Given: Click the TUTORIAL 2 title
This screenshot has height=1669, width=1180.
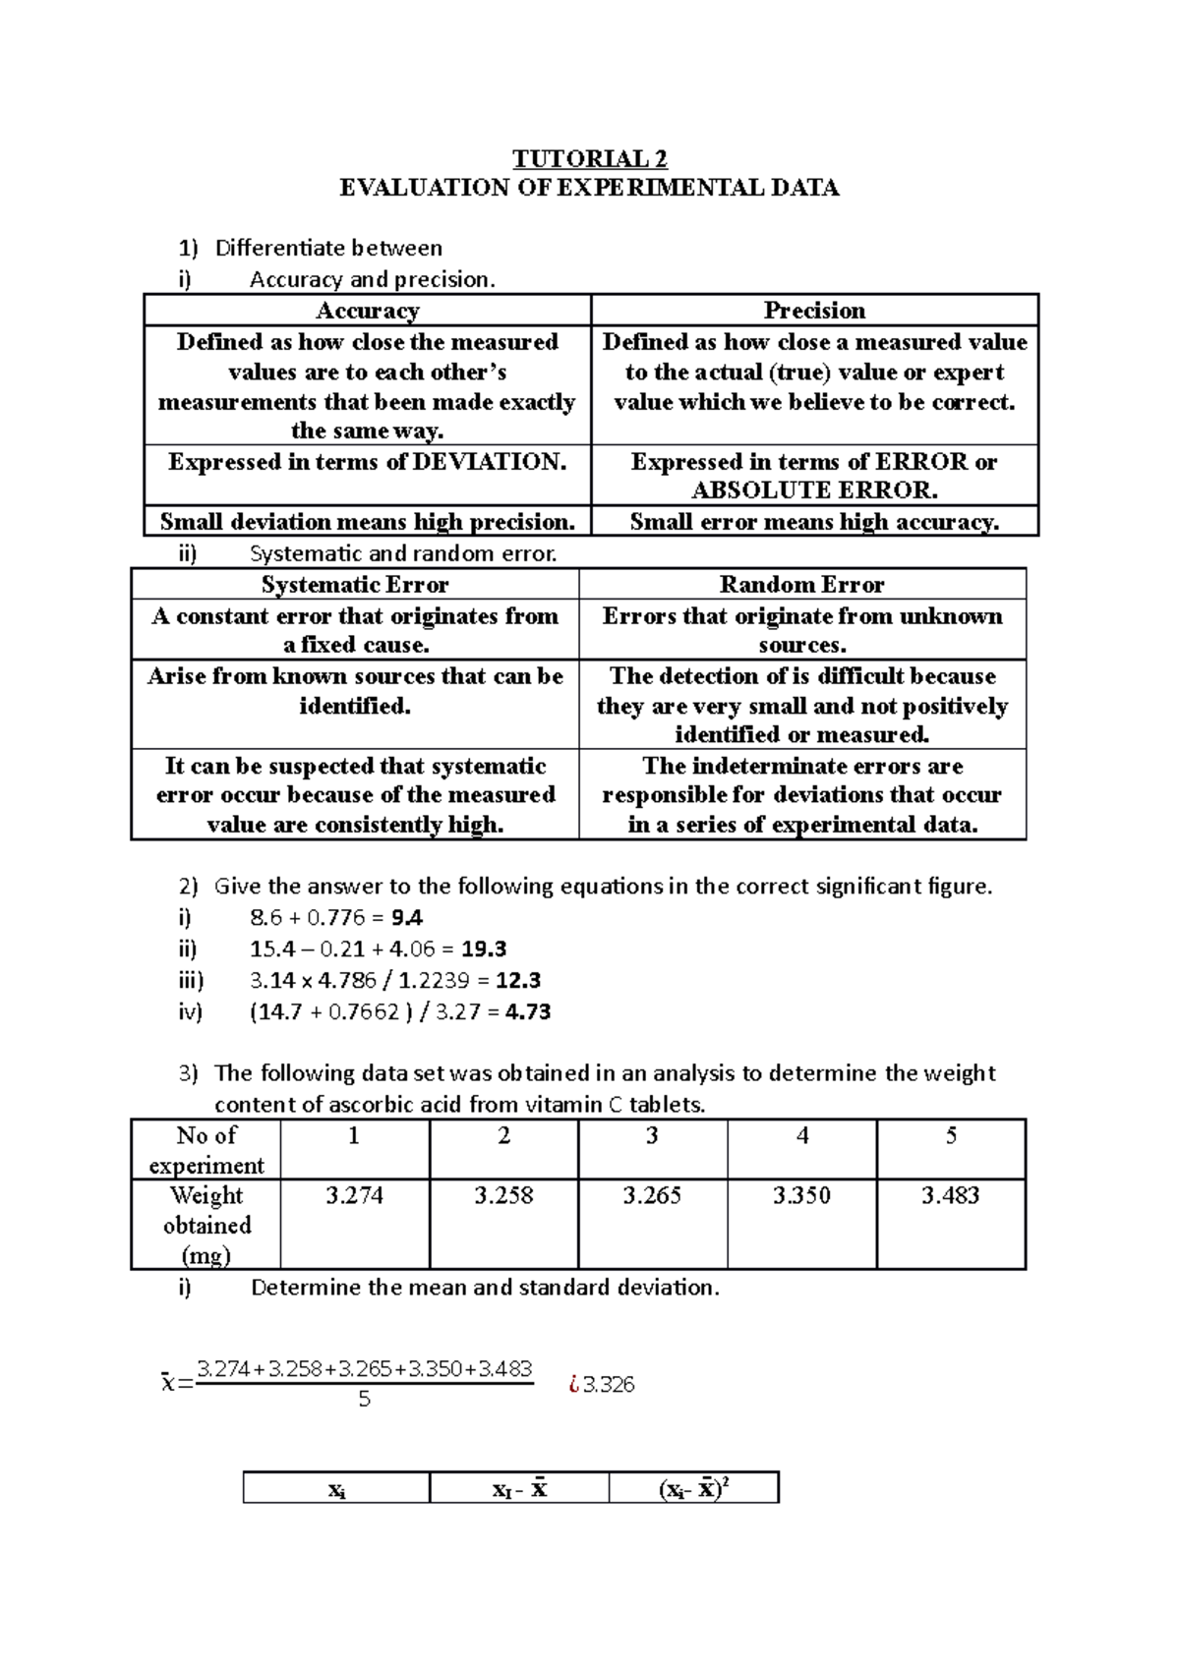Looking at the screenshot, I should point(589,159).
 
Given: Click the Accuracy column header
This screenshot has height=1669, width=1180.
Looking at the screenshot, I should point(367,311).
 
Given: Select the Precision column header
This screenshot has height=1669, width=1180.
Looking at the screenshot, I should point(814,311).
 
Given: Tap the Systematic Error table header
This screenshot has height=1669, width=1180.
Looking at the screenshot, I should point(355,585).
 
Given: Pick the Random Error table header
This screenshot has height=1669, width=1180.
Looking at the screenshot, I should point(801,585).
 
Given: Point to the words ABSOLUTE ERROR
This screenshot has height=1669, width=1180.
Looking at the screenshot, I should point(814,490).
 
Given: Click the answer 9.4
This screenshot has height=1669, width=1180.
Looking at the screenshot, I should point(407,918).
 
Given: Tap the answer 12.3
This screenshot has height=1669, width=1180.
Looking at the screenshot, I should point(518,981).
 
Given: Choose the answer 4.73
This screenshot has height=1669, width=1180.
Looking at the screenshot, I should point(527,1012).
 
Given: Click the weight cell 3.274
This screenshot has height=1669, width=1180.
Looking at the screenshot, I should point(354,1196).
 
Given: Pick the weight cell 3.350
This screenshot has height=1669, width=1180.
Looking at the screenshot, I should point(801,1196).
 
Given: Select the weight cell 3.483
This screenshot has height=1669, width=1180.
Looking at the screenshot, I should point(950,1196).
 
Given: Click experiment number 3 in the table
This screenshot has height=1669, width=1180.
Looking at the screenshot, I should point(652,1137).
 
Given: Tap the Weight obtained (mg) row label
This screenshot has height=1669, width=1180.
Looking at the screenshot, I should point(206,1225).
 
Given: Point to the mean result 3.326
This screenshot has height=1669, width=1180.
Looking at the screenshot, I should point(608,1385).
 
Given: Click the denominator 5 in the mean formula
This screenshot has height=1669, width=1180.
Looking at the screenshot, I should point(365,1400).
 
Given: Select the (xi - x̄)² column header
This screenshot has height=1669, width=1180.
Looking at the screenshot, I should point(693,1489).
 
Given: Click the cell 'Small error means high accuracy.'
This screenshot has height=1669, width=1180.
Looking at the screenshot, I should point(814,522).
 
